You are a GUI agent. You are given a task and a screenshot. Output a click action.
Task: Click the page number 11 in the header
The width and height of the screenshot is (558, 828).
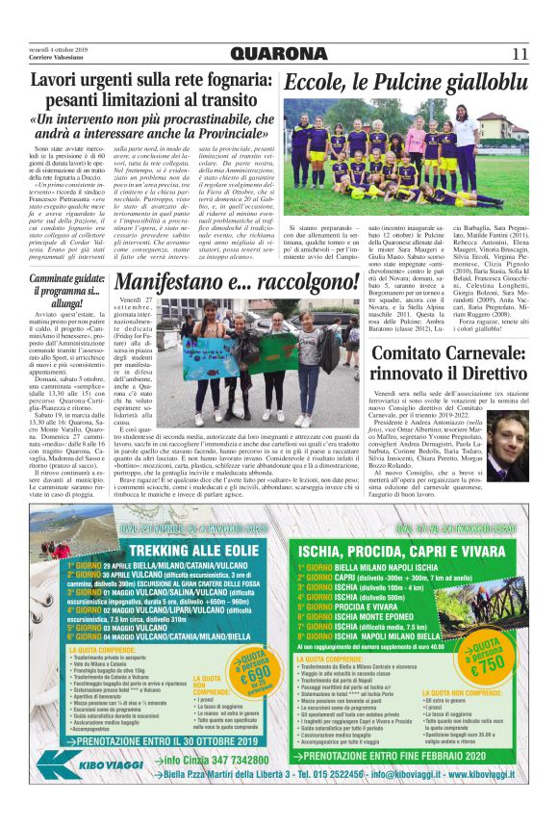[x=519, y=52]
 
